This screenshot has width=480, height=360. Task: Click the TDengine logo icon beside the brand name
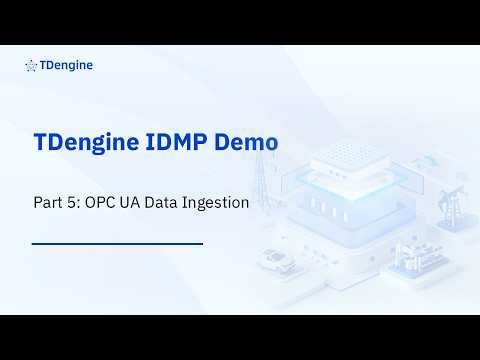click(x=32, y=67)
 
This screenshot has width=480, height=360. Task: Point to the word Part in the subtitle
click(x=47, y=201)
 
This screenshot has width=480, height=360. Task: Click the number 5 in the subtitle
click(x=72, y=201)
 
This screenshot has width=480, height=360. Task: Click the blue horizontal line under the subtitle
click(x=117, y=243)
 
